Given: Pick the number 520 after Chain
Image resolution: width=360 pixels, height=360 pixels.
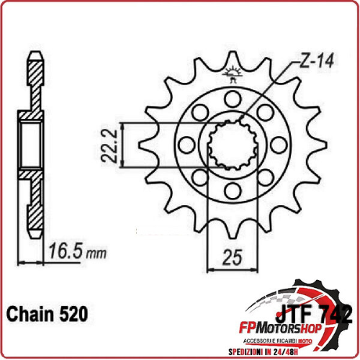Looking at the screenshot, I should pyautogui.click(x=73, y=315).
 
